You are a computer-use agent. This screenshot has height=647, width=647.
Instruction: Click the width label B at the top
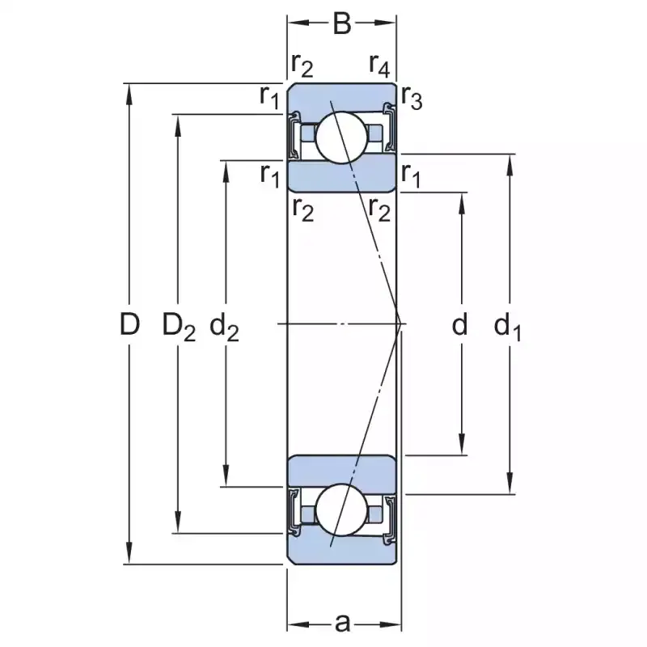point(342,24)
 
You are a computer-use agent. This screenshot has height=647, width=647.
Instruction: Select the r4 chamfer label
point(379,62)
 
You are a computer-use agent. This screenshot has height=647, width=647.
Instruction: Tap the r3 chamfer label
point(412,99)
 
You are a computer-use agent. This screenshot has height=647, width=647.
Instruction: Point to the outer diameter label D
point(129,325)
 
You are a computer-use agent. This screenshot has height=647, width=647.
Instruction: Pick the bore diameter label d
point(460,325)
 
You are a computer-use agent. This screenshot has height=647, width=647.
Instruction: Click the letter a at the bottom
point(342,623)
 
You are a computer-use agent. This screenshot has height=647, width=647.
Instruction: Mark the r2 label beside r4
point(302,62)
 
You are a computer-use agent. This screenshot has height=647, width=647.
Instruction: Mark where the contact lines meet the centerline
point(400,324)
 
